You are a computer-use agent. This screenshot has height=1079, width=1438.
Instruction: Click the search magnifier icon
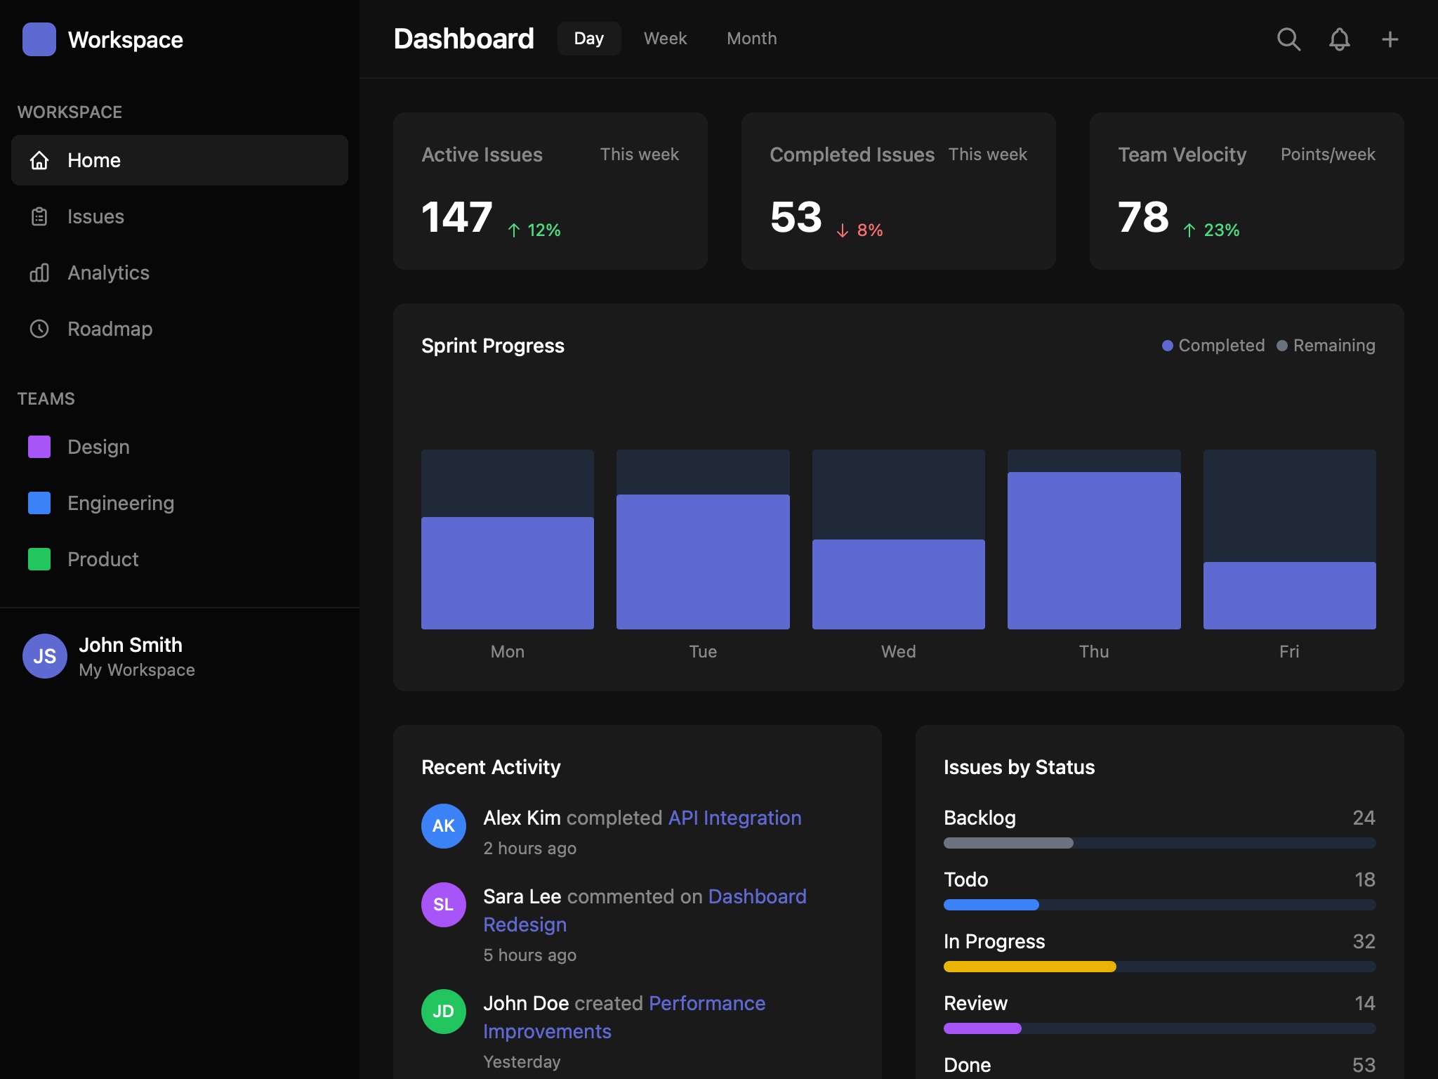pos(1288,39)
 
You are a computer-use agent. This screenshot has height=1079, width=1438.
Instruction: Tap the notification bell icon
pos(1339,39)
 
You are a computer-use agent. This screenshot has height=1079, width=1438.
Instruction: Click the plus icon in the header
pos(1390,39)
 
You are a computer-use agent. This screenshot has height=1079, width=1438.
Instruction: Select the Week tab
pos(665,39)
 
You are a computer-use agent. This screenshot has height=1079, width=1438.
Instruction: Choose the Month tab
pos(751,39)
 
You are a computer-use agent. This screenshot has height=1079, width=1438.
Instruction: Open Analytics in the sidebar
pos(108,273)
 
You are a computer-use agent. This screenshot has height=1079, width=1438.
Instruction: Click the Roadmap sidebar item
pos(110,329)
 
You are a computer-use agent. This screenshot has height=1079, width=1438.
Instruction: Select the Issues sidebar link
pos(95,216)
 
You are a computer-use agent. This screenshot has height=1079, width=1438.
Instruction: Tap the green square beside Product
pos(39,559)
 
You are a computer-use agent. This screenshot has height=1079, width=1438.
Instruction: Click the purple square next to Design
pos(39,447)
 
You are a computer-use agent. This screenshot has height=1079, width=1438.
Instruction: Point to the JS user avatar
pos(45,656)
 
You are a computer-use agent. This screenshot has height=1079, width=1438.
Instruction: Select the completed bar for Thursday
pos(1093,550)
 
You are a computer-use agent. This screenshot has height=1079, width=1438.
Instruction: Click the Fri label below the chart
pos(1288,651)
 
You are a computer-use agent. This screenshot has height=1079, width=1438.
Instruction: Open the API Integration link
pos(734,818)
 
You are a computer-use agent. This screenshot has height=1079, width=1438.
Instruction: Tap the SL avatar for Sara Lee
pos(443,904)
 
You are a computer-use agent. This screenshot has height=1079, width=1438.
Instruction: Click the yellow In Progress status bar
pos(1029,967)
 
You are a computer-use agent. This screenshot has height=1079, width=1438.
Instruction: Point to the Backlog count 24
pos(1364,818)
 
